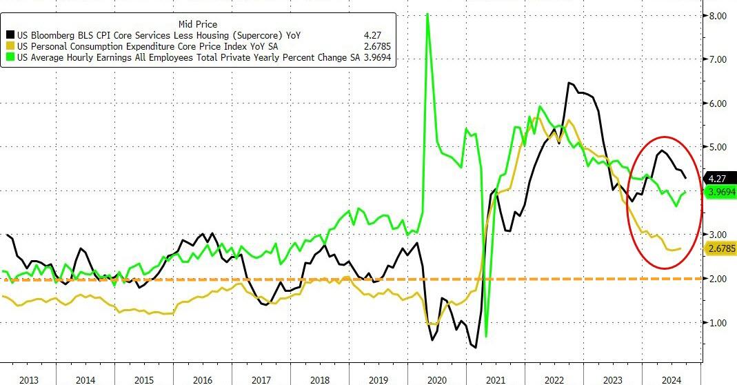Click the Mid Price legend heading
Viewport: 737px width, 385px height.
coord(198,24)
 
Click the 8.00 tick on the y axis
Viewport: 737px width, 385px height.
coord(718,16)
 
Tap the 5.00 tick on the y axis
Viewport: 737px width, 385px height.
coord(718,147)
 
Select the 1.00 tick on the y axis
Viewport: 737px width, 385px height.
coord(718,322)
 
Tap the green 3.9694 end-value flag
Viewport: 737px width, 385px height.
coord(720,192)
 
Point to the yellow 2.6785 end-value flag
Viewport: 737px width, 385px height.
coord(720,248)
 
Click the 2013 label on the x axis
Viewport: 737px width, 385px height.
coord(29,378)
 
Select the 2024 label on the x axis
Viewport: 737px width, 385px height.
coord(672,378)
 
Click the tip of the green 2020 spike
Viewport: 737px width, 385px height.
coord(428,13)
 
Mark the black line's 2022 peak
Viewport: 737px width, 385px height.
coord(569,83)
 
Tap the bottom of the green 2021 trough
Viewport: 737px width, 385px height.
coord(486,336)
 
